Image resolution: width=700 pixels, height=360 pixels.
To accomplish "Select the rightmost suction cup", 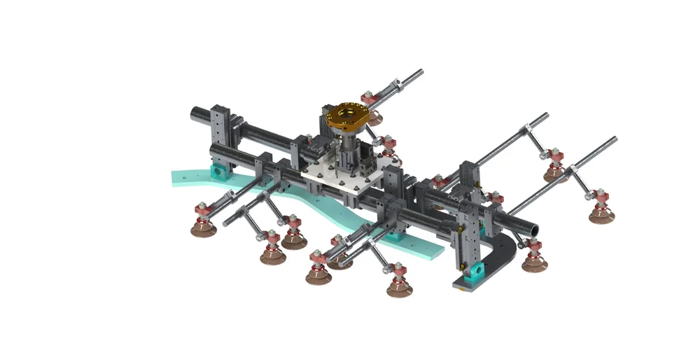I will pos(601,214).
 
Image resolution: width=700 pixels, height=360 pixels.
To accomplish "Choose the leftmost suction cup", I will pos(202,228).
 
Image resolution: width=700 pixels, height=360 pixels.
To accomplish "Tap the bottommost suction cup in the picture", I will pos(400,286).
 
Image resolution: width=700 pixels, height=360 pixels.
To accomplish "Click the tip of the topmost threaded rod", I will pos(421,71).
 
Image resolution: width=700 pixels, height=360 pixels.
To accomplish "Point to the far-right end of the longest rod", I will pos(614,139).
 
